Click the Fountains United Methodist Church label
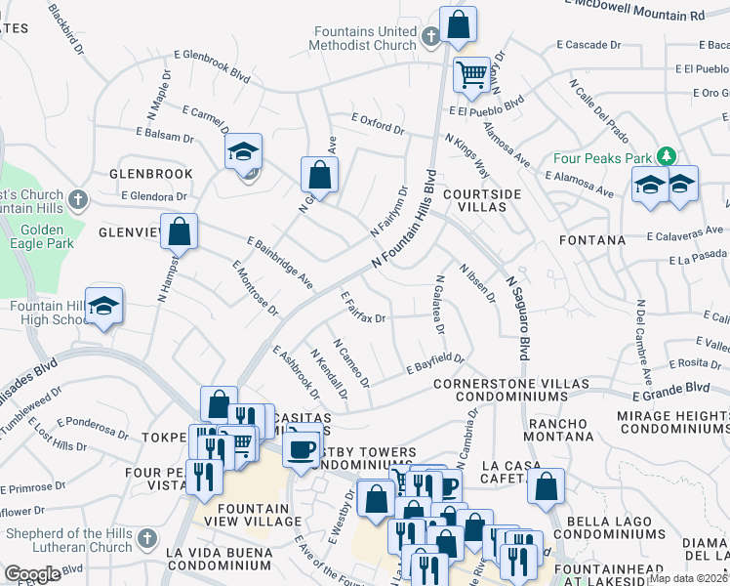click(x=363, y=37)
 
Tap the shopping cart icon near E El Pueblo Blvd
click(x=472, y=73)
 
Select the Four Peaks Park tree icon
click(x=667, y=156)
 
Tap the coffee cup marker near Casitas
click(x=302, y=448)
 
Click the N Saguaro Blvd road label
click(x=516, y=318)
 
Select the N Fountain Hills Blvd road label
click(x=402, y=226)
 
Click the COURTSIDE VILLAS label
click(x=482, y=201)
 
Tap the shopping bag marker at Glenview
click(x=180, y=233)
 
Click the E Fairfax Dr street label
click(x=364, y=306)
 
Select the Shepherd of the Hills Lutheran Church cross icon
click(x=146, y=538)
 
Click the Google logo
click(x=32, y=574)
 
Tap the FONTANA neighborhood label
click(x=592, y=239)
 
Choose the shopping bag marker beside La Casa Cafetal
click(x=546, y=485)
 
